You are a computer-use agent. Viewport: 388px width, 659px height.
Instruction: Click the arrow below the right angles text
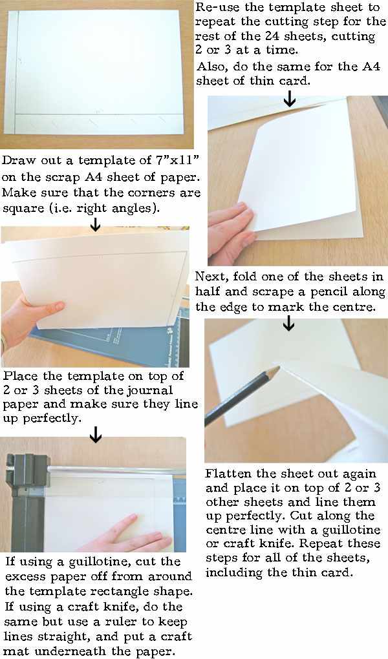tap(96, 224)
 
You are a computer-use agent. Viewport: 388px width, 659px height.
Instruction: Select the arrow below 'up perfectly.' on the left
tap(96, 435)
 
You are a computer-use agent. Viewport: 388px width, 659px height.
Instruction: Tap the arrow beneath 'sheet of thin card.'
tap(290, 98)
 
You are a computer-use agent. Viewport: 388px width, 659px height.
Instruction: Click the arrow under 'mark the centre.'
tap(289, 323)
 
